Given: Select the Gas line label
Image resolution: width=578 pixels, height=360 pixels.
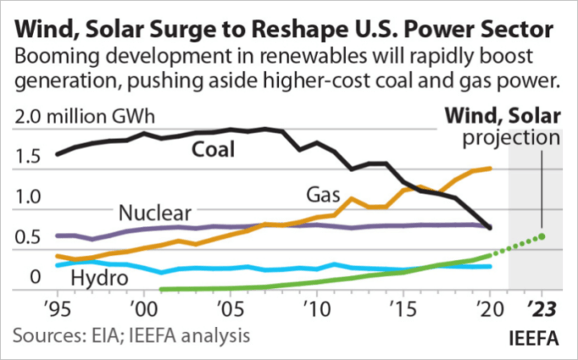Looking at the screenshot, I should (325, 196).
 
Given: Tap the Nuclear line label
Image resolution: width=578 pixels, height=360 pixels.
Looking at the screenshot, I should (155, 213).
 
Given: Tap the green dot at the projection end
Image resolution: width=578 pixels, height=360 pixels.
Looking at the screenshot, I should (542, 237).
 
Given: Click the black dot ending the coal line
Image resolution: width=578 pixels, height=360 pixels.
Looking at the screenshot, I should (490, 227).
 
